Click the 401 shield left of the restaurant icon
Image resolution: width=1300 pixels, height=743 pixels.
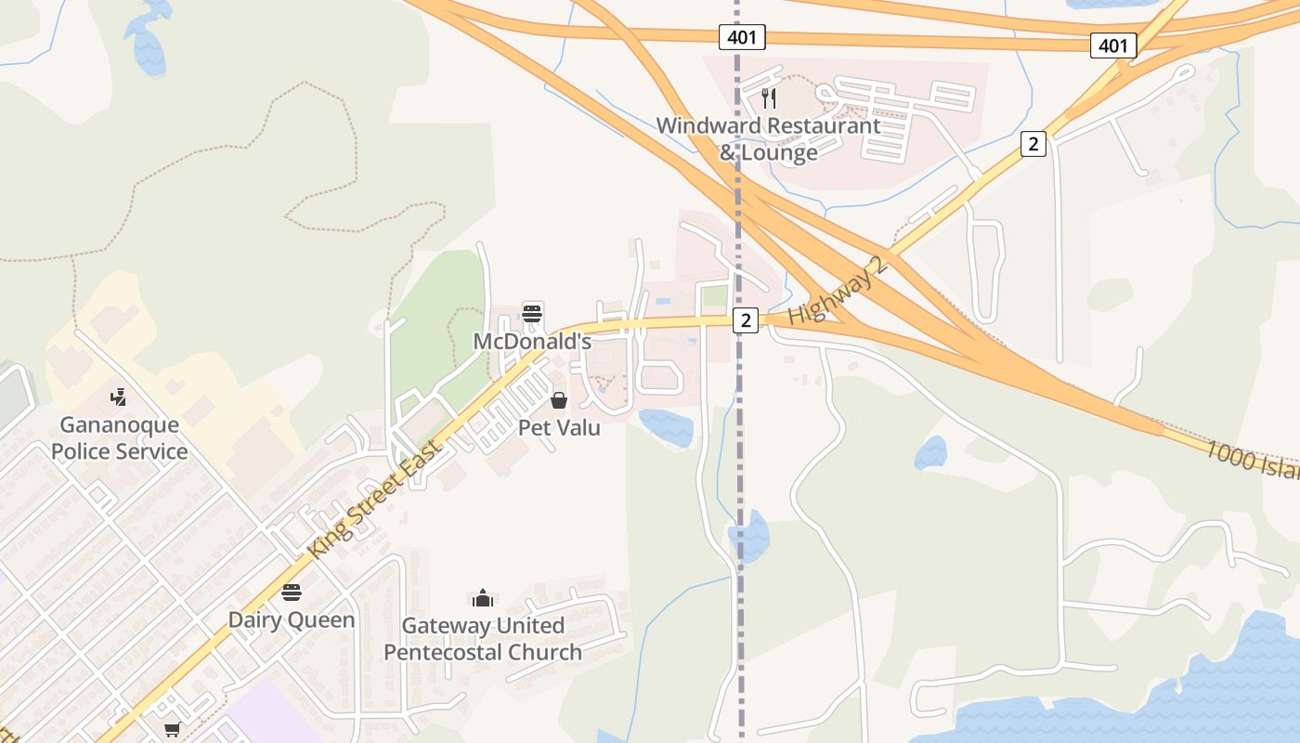pyautogui.click(x=742, y=37)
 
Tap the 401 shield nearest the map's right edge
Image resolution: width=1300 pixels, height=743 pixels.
pyautogui.click(x=1113, y=45)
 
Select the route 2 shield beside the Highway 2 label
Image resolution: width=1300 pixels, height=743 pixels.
pyautogui.click(x=746, y=320)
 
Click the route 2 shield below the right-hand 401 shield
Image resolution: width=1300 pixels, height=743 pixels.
pyautogui.click(x=1033, y=144)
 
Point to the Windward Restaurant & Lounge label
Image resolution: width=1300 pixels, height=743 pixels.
pyautogui.click(x=768, y=138)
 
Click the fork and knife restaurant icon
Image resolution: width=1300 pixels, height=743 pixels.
pyautogui.click(x=768, y=98)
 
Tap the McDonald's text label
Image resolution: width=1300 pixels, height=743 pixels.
pyautogui.click(x=532, y=342)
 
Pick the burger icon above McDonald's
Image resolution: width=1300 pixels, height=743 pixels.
pyautogui.click(x=532, y=314)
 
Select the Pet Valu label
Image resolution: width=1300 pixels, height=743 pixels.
pyautogui.click(x=559, y=428)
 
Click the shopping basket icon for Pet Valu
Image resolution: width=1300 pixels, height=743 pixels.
pyautogui.click(x=559, y=400)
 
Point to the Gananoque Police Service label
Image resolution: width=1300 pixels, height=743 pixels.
pyautogui.click(x=119, y=438)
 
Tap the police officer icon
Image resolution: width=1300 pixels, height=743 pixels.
pyautogui.click(x=118, y=398)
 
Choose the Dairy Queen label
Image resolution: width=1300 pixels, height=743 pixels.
pyautogui.click(x=292, y=619)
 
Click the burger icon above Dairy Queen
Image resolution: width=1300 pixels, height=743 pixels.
pyautogui.click(x=292, y=593)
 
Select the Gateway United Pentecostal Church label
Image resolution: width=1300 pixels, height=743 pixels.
pyautogui.click(x=483, y=639)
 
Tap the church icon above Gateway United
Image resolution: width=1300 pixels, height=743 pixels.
pyautogui.click(x=483, y=597)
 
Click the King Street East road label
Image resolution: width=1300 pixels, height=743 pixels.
pyautogui.click(x=377, y=499)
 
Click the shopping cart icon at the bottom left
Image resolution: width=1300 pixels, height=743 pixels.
pyautogui.click(x=172, y=731)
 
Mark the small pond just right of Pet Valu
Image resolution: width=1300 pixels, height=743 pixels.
pyautogui.click(x=666, y=426)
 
